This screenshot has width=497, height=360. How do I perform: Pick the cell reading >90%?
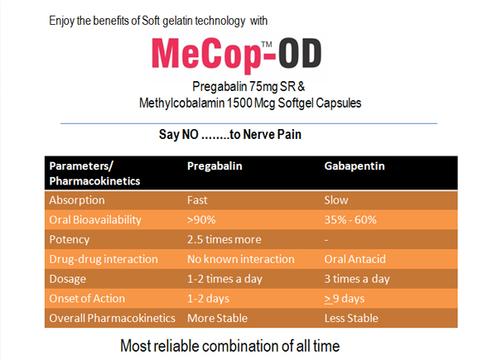(202, 220)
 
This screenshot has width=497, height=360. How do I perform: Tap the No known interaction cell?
(239, 260)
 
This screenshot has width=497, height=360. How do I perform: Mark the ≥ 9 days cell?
(346, 299)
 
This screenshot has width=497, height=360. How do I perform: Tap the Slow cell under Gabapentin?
(337, 200)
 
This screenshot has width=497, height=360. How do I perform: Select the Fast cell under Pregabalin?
(199, 200)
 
